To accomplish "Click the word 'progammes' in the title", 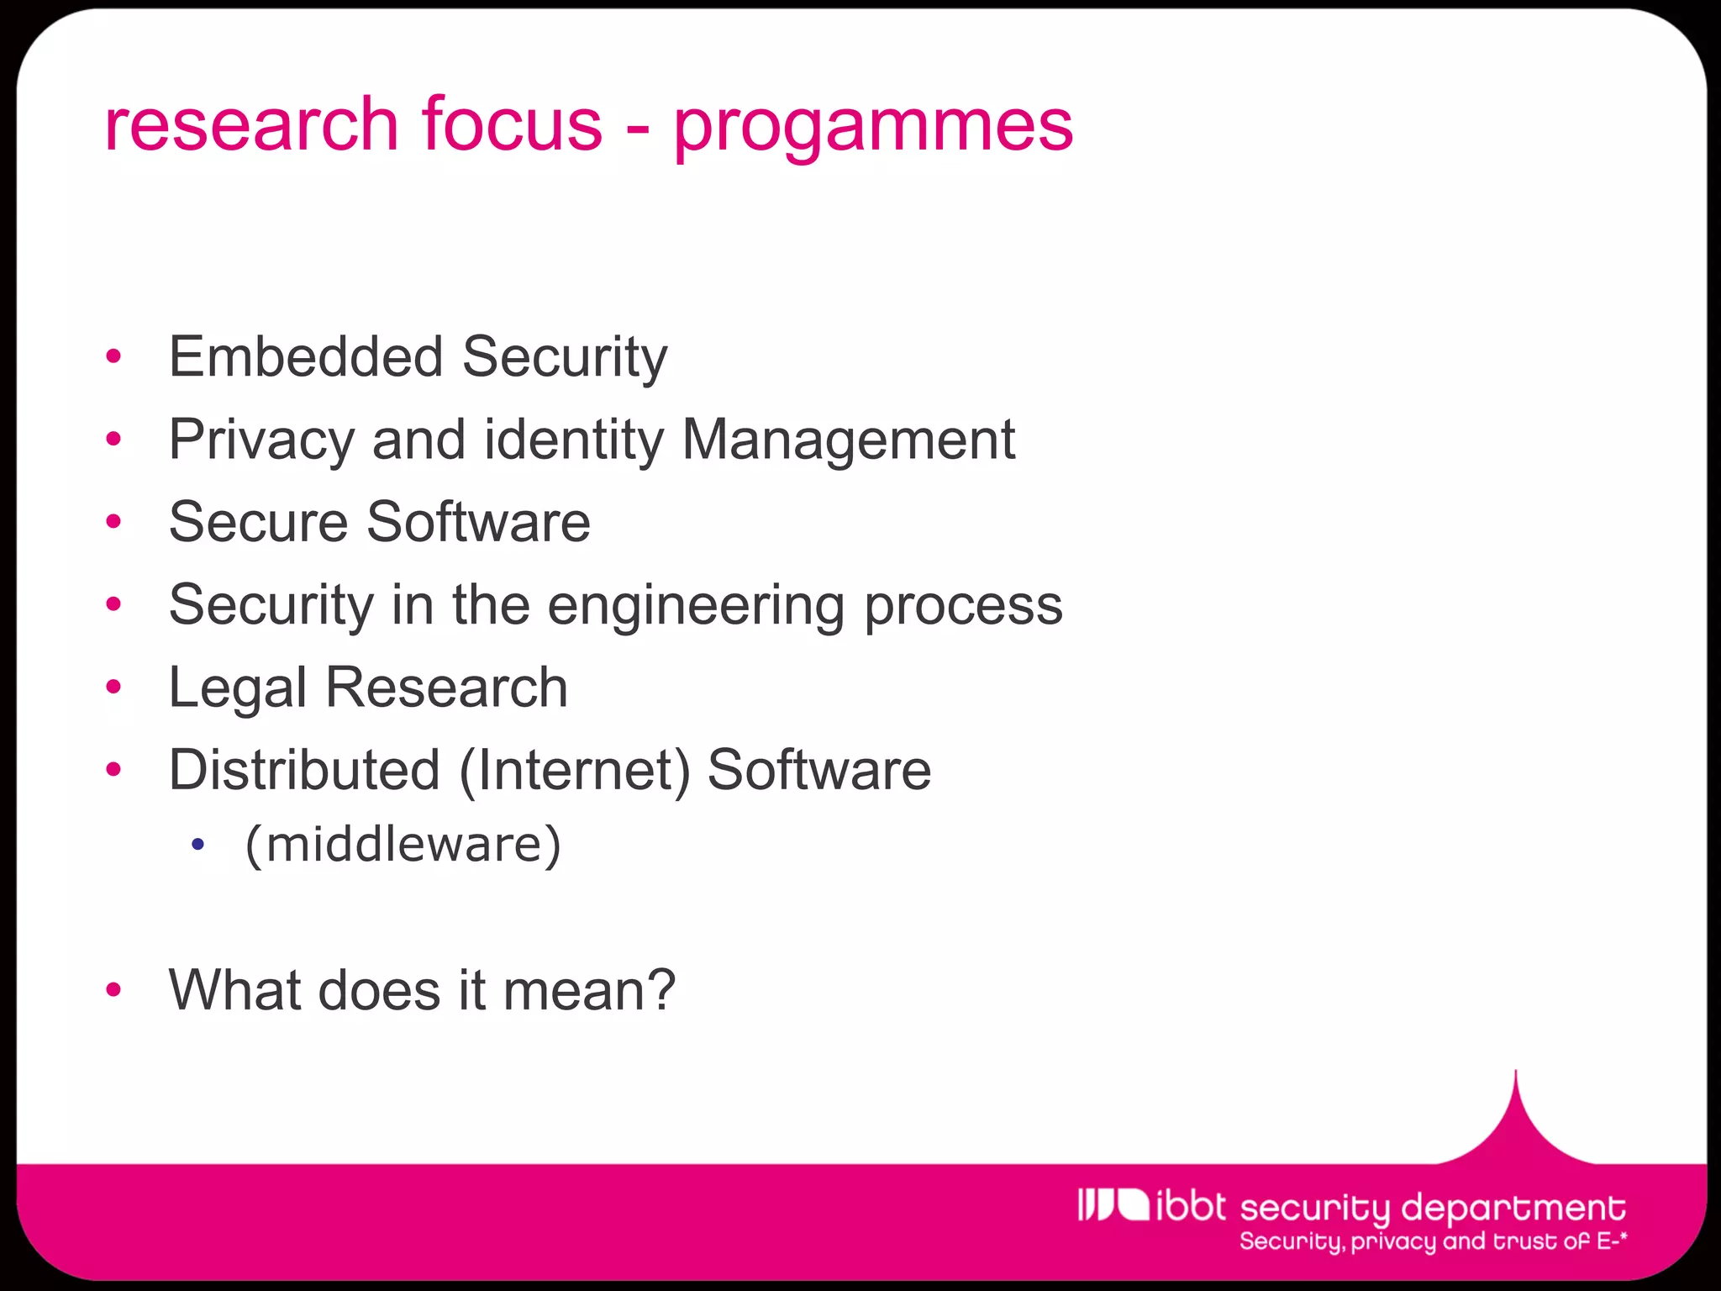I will pyautogui.click(x=873, y=126).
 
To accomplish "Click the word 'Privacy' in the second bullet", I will pyautogui.click(x=261, y=440).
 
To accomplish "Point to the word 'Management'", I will pyautogui.click(x=848, y=440).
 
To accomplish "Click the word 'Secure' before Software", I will pyautogui.click(x=258, y=522).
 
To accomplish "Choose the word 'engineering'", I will pyautogui.click(x=696, y=606).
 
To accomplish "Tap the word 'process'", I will pyautogui.click(x=963, y=606).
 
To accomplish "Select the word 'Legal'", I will pyautogui.click(x=237, y=688).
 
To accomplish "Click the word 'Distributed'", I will pyautogui.click(x=304, y=770).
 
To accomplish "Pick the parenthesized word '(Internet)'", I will pyautogui.click(x=574, y=770).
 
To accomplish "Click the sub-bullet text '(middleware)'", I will pyautogui.click(x=403, y=844).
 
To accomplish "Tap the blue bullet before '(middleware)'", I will pyautogui.click(x=197, y=845).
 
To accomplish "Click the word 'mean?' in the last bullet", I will pyautogui.click(x=589, y=990).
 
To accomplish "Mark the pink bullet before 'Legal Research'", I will pyautogui.click(x=114, y=688).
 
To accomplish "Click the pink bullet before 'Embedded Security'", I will pyautogui.click(x=114, y=357).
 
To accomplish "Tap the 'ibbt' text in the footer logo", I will pyautogui.click(x=1191, y=1206).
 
